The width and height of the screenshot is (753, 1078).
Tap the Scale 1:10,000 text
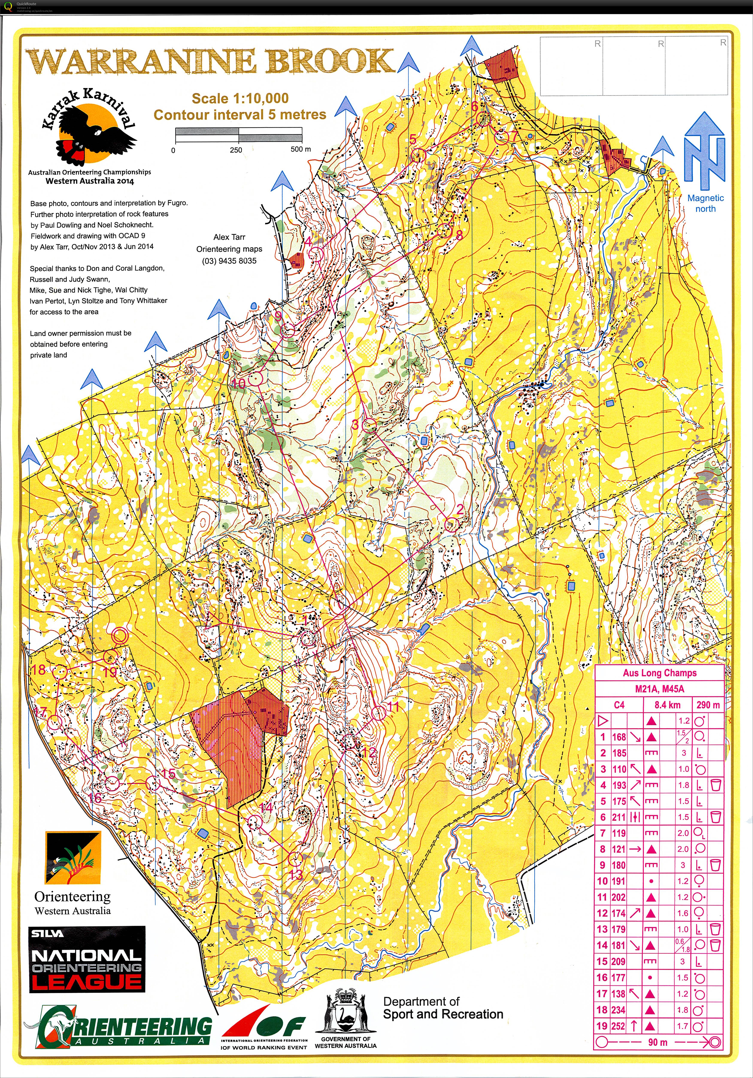pos(240,99)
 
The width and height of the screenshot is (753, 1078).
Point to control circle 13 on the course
pos(295,859)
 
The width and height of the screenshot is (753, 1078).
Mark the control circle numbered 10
pos(255,378)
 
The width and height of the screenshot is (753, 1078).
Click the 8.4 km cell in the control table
pos(667,705)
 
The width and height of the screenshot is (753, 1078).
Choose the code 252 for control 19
pos(618,1026)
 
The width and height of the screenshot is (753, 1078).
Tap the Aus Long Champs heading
pos(659,673)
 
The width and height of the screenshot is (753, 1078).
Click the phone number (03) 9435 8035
pos(229,261)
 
